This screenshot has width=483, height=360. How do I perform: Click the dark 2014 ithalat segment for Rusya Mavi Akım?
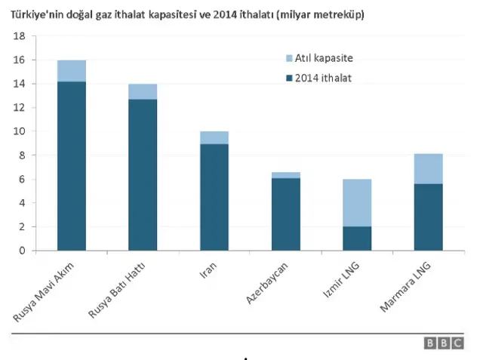click(72, 166)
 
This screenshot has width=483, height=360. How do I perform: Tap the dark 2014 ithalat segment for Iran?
click(214, 197)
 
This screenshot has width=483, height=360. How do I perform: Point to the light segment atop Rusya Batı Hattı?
click(143, 91)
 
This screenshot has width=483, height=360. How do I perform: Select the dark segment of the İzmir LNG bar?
click(357, 238)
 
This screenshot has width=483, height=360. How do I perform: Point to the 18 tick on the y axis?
click(20, 36)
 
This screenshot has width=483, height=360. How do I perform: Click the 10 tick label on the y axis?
click(20, 131)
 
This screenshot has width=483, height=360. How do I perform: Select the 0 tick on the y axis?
click(23, 251)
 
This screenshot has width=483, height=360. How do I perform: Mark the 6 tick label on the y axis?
click(23, 179)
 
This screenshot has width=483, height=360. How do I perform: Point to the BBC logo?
click(444, 343)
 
